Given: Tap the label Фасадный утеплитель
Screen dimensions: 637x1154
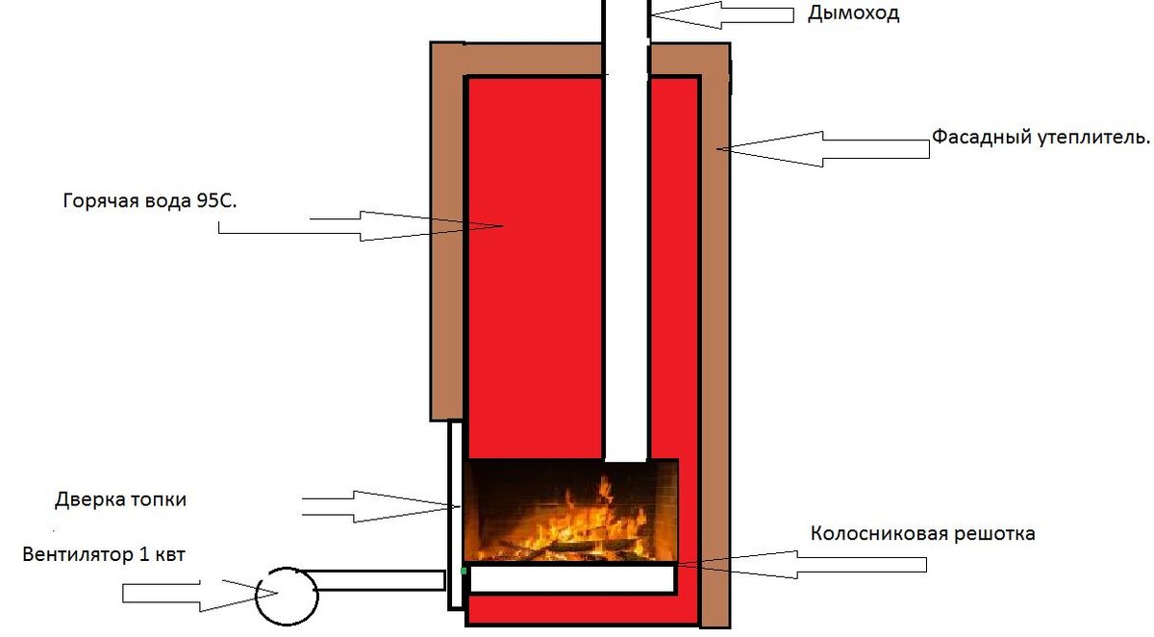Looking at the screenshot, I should tap(1041, 137).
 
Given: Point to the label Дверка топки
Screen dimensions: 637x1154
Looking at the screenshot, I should tap(120, 500).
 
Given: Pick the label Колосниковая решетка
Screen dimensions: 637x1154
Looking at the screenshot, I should tap(922, 533).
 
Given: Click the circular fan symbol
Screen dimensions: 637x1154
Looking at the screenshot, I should tap(286, 594).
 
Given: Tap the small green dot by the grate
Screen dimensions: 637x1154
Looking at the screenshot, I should tap(464, 572).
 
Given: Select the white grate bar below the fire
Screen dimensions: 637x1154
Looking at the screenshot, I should tap(571, 578).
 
